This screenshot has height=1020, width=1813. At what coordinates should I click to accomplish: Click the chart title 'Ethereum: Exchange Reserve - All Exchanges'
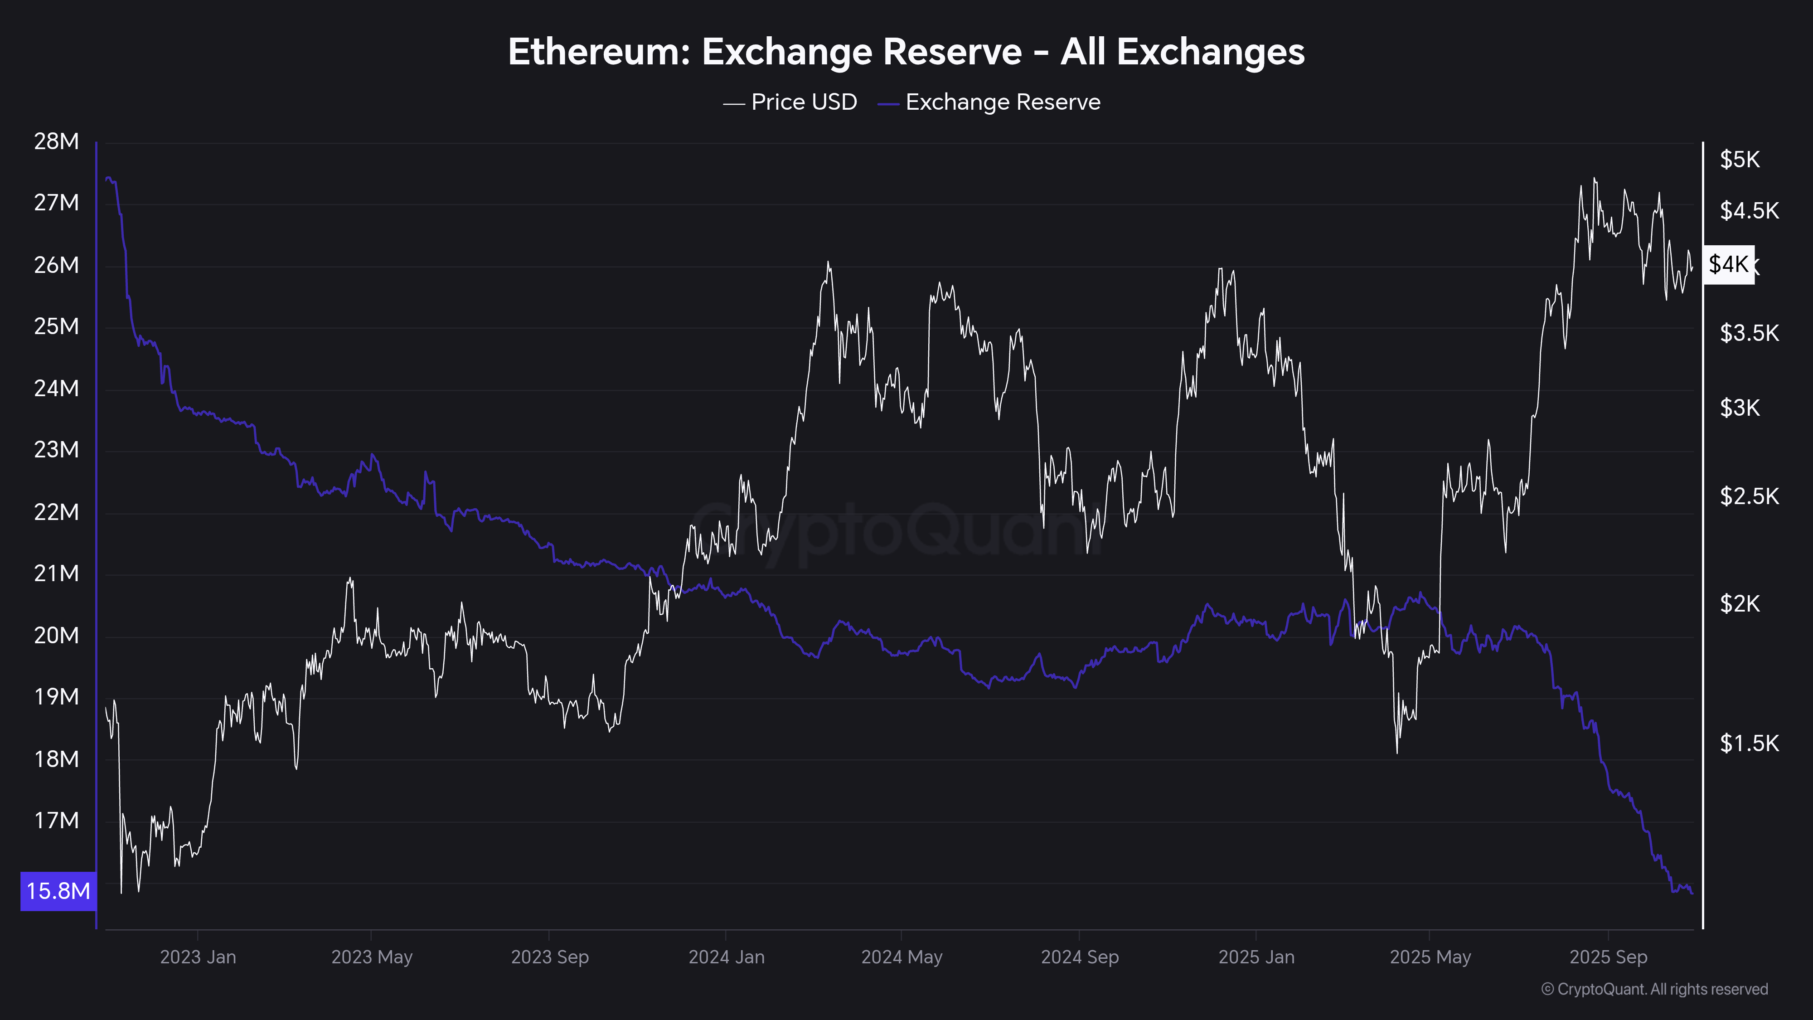click(906, 52)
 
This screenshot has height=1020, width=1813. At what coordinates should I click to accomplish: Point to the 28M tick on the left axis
click(56, 141)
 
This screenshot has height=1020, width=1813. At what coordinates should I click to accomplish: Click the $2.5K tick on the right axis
click(1749, 497)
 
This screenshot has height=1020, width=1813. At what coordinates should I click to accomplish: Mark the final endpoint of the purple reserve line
click(1692, 893)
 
